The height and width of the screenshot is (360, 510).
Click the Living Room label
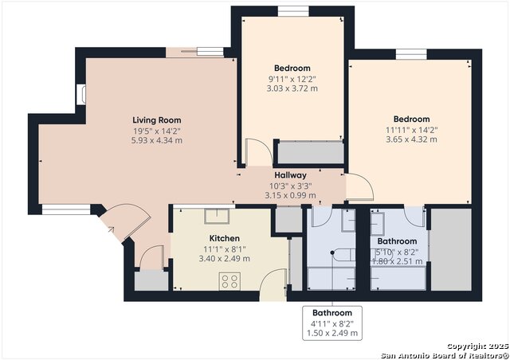(x=157, y=120)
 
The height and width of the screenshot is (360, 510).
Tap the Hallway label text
(x=290, y=175)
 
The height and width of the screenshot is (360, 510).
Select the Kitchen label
(x=225, y=238)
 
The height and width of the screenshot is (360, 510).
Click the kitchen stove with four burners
(x=229, y=281)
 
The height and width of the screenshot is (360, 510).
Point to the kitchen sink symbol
(x=217, y=217)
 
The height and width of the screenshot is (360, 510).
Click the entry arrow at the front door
(x=111, y=229)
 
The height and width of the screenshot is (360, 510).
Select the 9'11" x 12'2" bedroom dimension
(x=292, y=79)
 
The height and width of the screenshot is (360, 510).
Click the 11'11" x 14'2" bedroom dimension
(x=411, y=130)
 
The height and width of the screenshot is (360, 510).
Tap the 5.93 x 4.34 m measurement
(x=157, y=140)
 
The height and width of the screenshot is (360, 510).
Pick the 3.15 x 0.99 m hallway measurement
(x=290, y=195)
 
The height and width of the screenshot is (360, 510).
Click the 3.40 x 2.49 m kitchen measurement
(x=225, y=259)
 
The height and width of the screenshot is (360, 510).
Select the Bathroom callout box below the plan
(x=332, y=323)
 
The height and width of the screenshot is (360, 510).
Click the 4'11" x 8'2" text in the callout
(x=332, y=323)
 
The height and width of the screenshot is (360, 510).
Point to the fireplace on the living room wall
(x=81, y=95)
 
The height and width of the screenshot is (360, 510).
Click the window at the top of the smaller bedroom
(x=293, y=11)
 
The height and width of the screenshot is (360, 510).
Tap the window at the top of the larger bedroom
(x=411, y=54)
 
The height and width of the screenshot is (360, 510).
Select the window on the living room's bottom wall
(x=66, y=209)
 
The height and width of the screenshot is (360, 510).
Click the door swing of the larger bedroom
(x=359, y=186)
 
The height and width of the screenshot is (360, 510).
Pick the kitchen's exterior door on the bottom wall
(x=273, y=285)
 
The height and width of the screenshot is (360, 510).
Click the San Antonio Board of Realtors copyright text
(x=445, y=355)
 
